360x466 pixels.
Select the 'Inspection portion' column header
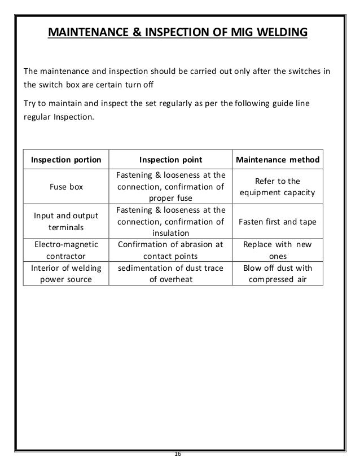67,160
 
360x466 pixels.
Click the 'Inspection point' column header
170,160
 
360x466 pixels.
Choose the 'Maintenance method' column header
278,160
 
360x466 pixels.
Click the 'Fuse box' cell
67,187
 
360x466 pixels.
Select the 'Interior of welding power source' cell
67,272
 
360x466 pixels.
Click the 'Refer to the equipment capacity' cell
278,187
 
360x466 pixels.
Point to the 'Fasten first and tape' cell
278,222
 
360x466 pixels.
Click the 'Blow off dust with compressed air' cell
278,272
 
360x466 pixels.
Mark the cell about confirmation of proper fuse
170,187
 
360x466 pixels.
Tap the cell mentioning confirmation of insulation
170,222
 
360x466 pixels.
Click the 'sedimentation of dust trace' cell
170,272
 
